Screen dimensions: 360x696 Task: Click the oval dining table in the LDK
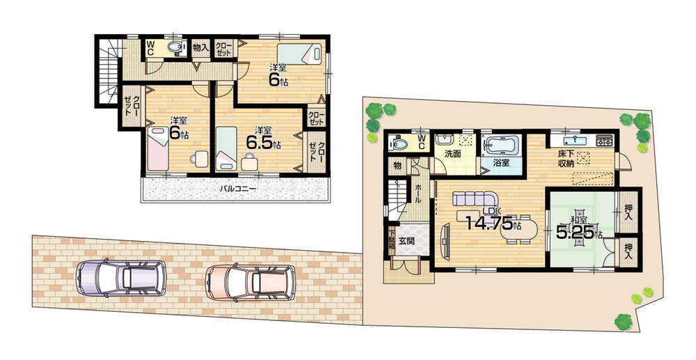click(x=521, y=229)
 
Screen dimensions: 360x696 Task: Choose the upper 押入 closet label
click(x=629, y=212)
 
